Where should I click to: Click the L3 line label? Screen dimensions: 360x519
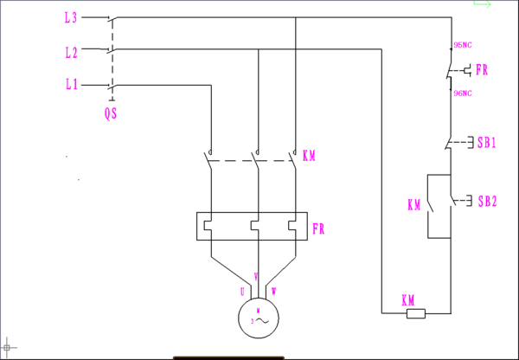click(x=71, y=17)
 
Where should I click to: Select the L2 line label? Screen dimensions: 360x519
click(x=71, y=52)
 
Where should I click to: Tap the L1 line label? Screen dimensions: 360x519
click(x=71, y=85)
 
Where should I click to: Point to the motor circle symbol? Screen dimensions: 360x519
click(x=257, y=316)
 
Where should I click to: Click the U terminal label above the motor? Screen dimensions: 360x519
click(x=243, y=291)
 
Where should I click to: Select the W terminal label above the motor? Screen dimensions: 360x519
click(x=274, y=291)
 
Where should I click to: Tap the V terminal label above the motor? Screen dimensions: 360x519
click(x=256, y=278)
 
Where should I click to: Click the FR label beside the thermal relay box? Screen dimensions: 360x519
click(x=319, y=229)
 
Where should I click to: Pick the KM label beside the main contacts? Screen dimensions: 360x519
click(x=309, y=157)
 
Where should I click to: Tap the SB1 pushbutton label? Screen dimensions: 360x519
click(x=486, y=141)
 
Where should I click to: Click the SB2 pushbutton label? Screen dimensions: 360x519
click(x=486, y=202)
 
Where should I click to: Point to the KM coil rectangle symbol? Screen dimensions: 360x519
click(x=416, y=313)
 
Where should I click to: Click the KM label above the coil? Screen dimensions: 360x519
click(x=408, y=299)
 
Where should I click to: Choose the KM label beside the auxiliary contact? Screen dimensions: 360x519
click(x=414, y=205)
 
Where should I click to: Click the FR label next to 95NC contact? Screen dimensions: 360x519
click(x=481, y=70)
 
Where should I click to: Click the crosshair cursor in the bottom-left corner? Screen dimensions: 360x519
click(x=9, y=347)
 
